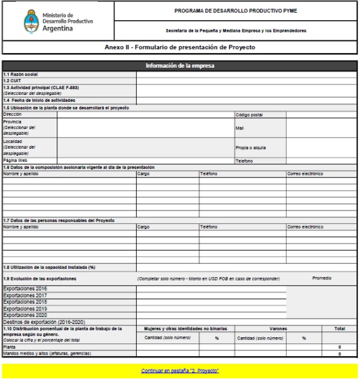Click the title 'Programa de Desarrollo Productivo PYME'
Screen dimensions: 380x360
236,10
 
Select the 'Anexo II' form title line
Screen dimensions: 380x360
179,47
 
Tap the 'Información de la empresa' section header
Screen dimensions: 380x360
179,65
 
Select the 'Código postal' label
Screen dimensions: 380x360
250,115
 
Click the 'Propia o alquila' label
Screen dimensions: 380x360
251,147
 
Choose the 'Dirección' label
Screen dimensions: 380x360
13,115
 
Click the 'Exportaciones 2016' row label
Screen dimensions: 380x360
25,289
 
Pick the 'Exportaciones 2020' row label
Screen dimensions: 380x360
25,315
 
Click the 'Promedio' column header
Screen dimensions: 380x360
322,278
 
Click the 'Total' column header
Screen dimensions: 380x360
339,329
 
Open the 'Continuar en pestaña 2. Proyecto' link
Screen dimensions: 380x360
179,370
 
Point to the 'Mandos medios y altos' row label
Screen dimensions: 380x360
47,353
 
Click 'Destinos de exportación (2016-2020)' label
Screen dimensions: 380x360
46,322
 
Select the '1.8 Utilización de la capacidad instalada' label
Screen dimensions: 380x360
49,267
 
